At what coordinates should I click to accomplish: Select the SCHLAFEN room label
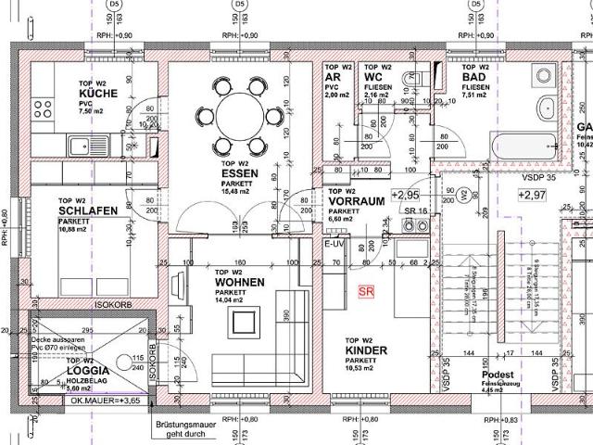(x=88, y=210)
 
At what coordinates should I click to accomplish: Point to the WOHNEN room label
(x=239, y=282)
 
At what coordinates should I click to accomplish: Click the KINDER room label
(x=365, y=351)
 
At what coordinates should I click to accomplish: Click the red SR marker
(x=367, y=290)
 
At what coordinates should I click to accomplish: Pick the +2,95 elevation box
(x=406, y=195)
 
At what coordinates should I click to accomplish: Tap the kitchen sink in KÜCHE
(x=82, y=145)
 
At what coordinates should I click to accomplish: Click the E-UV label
(x=333, y=243)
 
